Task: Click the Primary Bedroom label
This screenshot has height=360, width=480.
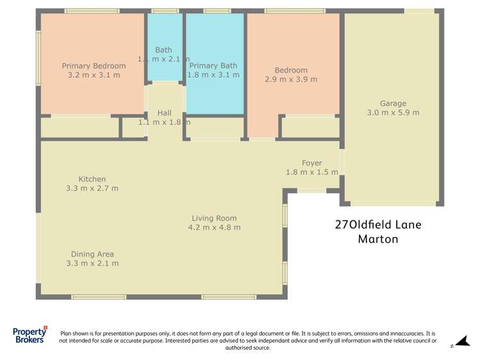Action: [94, 65]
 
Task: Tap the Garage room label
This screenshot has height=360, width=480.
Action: [393, 103]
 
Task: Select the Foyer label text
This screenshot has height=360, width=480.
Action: [311, 163]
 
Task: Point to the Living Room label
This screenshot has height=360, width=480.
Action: [214, 218]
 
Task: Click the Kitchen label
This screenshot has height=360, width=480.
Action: [92, 179]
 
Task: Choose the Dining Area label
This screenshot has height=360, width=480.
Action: [92, 254]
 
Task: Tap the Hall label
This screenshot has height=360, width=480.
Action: [164, 113]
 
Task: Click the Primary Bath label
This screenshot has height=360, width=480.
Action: [213, 65]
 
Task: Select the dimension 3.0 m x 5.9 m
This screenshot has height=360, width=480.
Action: [393, 113]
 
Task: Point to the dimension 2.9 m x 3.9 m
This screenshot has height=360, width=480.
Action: [291, 79]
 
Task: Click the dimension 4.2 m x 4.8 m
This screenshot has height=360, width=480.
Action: [214, 227]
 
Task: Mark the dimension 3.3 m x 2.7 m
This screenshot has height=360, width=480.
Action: [92, 188]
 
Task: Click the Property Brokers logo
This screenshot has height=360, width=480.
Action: [29, 335]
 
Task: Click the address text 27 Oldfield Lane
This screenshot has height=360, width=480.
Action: [378, 225]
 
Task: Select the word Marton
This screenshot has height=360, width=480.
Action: [377, 240]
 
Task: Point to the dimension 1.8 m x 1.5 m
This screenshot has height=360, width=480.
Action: [311, 172]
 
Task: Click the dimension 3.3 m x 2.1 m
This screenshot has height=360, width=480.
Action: [92, 263]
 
